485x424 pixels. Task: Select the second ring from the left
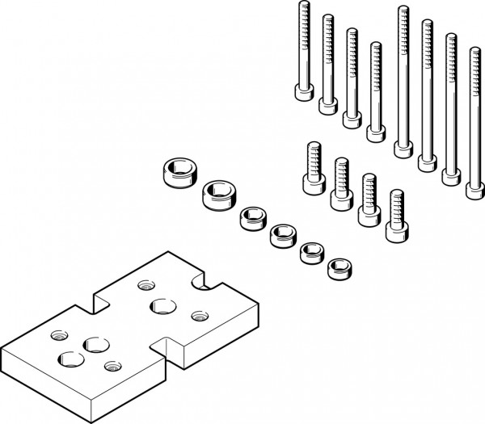[215, 193]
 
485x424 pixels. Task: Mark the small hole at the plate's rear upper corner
[145, 283]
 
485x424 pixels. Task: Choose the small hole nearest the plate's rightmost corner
[197, 315]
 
